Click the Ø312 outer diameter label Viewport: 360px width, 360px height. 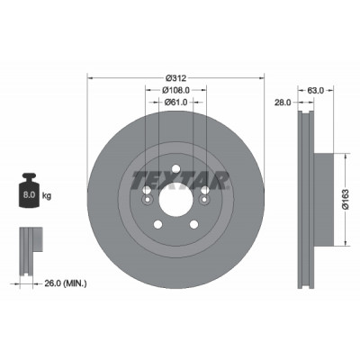pyautogui.click(x=176, y=78)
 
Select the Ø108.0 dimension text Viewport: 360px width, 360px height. pyautogui.click(x=175, y=90)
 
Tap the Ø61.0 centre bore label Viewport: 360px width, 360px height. pyautogui.click(x=175, y=103)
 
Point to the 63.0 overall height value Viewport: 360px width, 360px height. pyautogui.click(x=316, y=90)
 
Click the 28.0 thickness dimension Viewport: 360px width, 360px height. pyautogui.click(x=283, y=103)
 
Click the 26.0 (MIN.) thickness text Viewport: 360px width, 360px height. pyautogui.click(x=66, y=283)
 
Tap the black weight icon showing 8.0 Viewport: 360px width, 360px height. pyautogui.click(x=29, y=190)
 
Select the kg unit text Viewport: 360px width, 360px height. pyautogui.click(x=47, y=196)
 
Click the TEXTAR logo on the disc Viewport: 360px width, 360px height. pyautogui.click(x=181, y=181)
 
